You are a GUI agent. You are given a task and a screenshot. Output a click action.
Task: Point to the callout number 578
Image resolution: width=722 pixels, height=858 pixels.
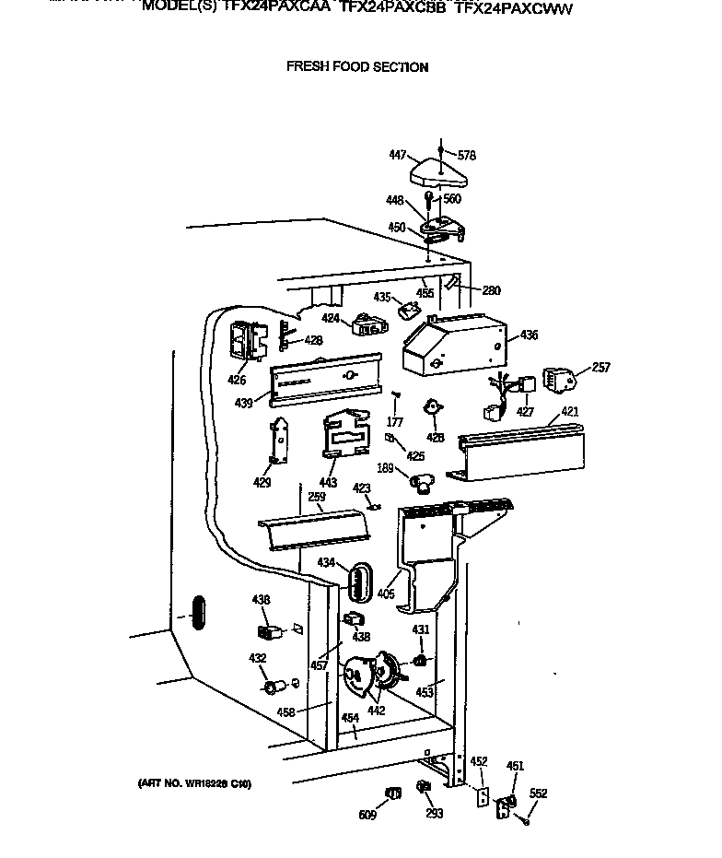pyautogui.click(x=467, y=156)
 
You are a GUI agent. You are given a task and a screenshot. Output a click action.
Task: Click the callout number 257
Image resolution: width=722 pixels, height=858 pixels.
pyautogui.click(x=600, y=368)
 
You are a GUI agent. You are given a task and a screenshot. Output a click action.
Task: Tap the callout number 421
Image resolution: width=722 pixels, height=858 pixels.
pyautogui.click(x=570, y=412)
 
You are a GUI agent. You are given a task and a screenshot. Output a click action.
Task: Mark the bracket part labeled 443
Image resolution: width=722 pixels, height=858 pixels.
pyautogui.click(x=343, y=434)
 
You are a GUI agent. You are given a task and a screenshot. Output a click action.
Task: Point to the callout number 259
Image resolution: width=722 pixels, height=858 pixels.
pyautogui.click(x=316, y=497)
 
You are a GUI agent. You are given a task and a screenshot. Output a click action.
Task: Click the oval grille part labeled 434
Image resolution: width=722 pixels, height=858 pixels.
pyautogui.click(x=357, y=581)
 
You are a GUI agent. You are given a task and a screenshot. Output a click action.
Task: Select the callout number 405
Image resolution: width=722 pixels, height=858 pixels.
pyautogui.click(x=386, y=594)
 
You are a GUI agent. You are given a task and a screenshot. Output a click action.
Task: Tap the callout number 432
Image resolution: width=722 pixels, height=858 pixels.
pyautogui.click(x=258, y=658)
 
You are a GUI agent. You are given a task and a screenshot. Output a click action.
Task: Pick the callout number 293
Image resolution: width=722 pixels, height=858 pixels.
pyautogui.click(x=435, y=814)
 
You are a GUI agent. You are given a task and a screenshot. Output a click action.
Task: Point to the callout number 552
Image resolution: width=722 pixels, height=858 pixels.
pyautogui.click(x=539, y=793)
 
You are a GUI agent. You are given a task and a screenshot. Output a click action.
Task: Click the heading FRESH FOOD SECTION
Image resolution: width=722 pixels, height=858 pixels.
pyautogui.click(x=357, y=66)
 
